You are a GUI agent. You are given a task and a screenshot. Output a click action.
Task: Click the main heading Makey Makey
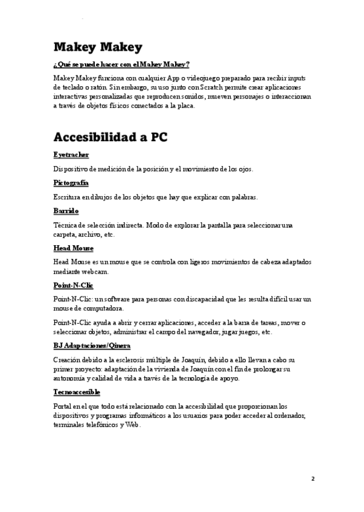pos(98,47)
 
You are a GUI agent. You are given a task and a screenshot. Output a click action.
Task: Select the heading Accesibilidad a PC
pos(110,137)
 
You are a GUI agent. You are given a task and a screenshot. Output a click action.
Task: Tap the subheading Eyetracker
pos(71,155)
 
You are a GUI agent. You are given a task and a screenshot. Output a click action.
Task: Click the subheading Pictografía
pos(71,182)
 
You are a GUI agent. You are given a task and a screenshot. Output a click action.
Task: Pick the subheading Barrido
pos(66,211)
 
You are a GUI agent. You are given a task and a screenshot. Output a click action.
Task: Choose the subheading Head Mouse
pos(73,248)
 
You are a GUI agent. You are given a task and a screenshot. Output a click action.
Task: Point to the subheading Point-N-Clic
pos(73,285)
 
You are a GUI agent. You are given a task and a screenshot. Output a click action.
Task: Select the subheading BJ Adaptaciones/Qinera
pos(92,345)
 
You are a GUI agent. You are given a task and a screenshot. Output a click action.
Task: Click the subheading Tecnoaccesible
pos(76,392)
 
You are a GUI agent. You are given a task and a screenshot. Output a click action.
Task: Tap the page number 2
pos(313,479)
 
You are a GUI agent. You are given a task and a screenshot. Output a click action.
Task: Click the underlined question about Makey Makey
pos(121,65)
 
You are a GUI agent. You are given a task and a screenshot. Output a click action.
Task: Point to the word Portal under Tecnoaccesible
pos(63,406)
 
